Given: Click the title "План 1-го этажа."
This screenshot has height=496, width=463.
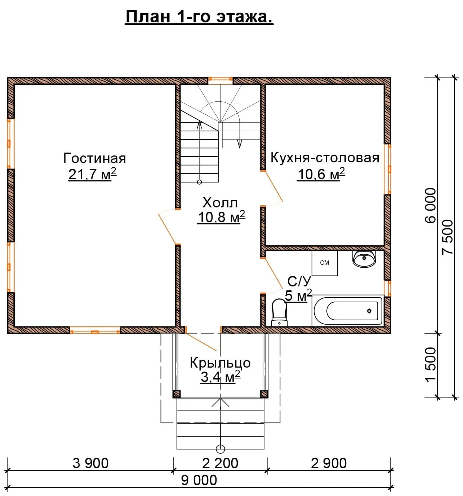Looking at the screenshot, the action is pos(199,17).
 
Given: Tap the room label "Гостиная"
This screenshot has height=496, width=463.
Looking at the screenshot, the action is pos(95,158).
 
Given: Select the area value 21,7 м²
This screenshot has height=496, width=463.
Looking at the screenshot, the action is pos(92,174).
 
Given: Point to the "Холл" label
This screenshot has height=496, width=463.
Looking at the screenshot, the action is pos(220,202).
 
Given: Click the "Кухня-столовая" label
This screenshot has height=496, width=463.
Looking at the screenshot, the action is pos(325,158).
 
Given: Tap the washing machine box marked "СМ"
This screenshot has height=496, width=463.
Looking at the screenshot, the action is pos(325,263).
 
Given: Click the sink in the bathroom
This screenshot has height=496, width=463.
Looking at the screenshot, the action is pos(364,259).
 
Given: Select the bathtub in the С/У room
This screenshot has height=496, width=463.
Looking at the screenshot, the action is pos(347,311).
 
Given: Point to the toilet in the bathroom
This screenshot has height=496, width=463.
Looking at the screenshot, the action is pos(279,312).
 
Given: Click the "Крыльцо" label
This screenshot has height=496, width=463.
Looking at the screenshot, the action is pos(220,363).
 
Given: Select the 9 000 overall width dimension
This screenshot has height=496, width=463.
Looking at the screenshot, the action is pos(199,480).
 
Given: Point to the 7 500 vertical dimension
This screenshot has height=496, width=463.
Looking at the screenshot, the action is pos(447,237).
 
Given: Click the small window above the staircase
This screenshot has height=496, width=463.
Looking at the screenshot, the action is pos(220,79).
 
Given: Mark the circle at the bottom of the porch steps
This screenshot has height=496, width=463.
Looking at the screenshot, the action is pos(220,449).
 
